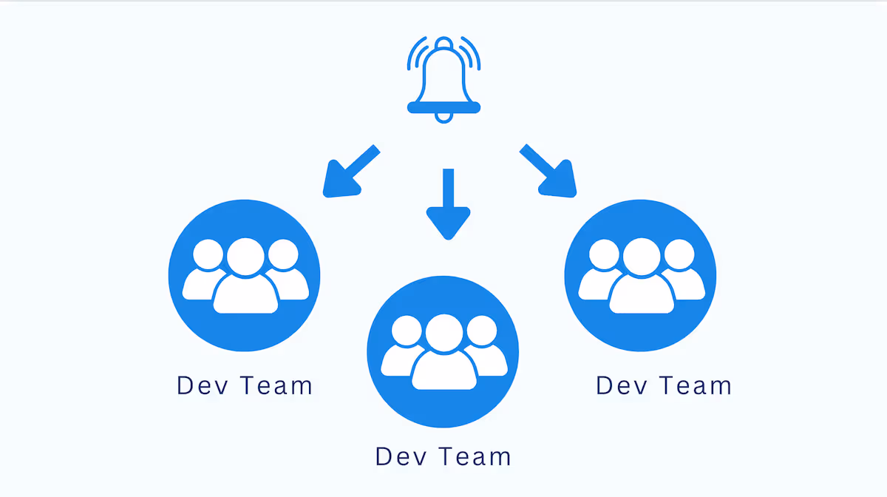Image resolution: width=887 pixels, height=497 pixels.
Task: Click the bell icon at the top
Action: [x=443, y=78]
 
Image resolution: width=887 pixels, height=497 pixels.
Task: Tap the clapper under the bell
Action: [x=443, y=117]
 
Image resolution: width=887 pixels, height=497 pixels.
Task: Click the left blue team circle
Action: [x=244, y=275]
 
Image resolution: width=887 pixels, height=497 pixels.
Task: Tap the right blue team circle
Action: [x=640, y=275]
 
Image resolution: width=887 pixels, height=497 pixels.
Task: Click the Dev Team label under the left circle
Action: [x=244, y=386]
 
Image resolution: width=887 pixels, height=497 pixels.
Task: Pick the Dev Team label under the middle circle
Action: [x=443, y=456]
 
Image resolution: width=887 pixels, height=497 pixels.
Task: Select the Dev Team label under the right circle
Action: [x=664, y=386]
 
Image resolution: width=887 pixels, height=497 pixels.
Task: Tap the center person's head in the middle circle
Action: [x=443, y=333]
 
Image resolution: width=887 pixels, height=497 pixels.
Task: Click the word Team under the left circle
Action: [x=277, y=386]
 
